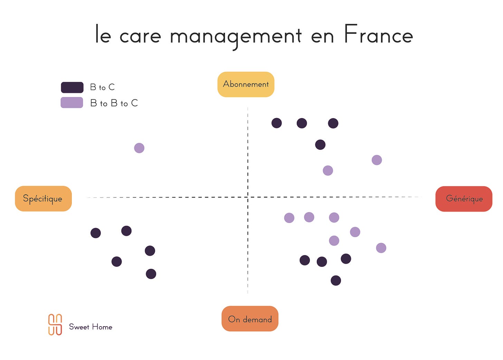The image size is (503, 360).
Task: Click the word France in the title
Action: point(378,35)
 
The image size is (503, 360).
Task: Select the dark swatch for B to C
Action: point(72,87)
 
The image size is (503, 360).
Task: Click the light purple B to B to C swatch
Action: point(72,103)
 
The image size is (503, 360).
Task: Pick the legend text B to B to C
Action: point(114,103)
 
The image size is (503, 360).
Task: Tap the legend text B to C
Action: point(102,87)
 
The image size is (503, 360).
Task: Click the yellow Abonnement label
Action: point(246,84)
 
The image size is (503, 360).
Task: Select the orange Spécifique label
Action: point(43,198)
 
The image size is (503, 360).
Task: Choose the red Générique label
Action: point(464,199)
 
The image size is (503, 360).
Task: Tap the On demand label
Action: point(250,319)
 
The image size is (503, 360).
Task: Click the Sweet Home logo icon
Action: point(55,324)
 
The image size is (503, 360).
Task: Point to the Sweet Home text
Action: point(91,327)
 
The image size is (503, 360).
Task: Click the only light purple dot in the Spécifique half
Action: point(139,148)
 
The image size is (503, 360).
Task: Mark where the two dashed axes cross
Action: point(248,197)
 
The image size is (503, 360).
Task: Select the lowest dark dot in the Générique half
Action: point(336,280)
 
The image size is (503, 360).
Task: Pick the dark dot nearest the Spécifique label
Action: point(96,233)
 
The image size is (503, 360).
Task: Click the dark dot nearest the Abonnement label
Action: point(276,123)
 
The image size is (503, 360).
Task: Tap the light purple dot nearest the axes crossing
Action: point(289,218)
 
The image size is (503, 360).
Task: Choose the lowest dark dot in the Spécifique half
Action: point(151,274)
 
